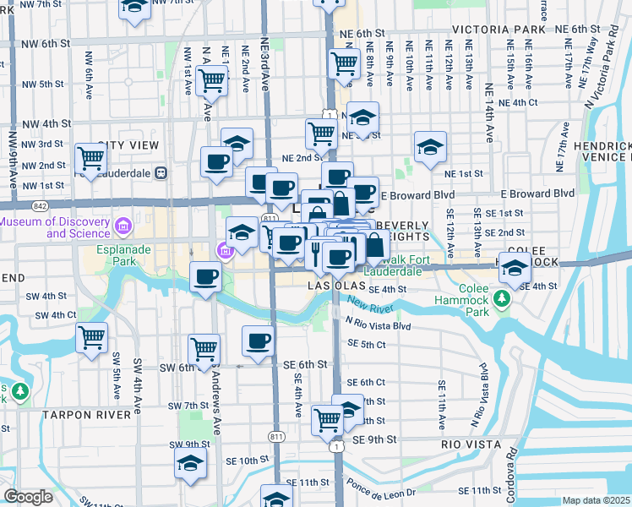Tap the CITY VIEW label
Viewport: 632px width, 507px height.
[128, 145]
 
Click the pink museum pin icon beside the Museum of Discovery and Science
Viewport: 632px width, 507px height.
[123, 226]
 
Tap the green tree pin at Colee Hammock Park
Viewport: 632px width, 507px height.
[502, 300]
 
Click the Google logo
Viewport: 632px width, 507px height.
[28, 497]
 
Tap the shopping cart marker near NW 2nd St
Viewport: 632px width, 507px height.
[90, 157]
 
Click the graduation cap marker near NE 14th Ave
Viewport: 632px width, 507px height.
[430, 147]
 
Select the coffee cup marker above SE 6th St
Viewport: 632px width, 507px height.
[259, 341]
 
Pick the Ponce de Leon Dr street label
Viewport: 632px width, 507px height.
[382, 491]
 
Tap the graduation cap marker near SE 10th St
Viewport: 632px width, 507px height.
[190, 463]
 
